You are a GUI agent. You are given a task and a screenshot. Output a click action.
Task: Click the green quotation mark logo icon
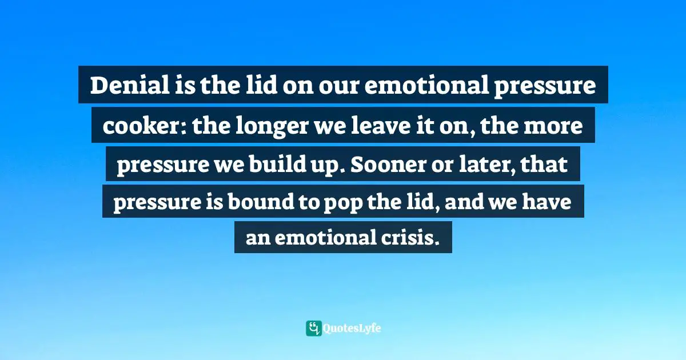[x=313, y=328]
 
